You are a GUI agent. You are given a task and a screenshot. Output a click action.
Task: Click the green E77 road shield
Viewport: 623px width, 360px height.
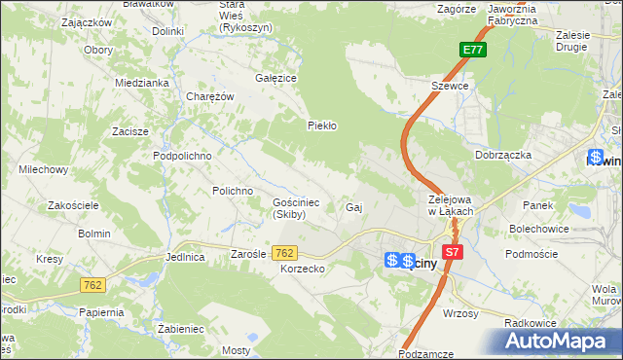tap(473, 50)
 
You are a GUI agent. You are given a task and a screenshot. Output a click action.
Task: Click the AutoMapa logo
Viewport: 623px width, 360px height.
tap(562, 341)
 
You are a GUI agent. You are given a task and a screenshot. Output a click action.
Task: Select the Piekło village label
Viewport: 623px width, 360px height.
tap(321, 126)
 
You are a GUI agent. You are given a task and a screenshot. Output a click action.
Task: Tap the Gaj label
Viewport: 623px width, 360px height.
tap(354, 207)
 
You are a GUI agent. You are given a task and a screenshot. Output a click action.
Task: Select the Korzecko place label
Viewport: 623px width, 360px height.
tap(301, 268)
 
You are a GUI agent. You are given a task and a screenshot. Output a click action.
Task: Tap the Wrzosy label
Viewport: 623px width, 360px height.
tap(459, 313)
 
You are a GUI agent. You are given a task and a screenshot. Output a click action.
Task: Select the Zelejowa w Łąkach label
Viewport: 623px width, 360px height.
tap(451, 205)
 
